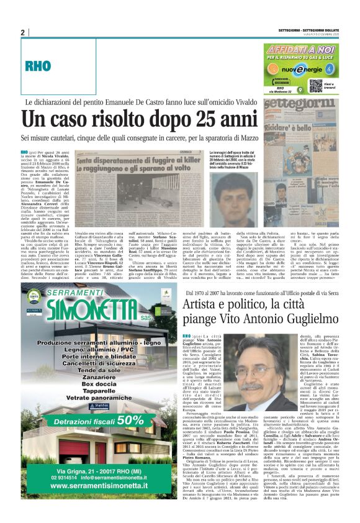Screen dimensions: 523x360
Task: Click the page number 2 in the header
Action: click(x=23, y=33)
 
